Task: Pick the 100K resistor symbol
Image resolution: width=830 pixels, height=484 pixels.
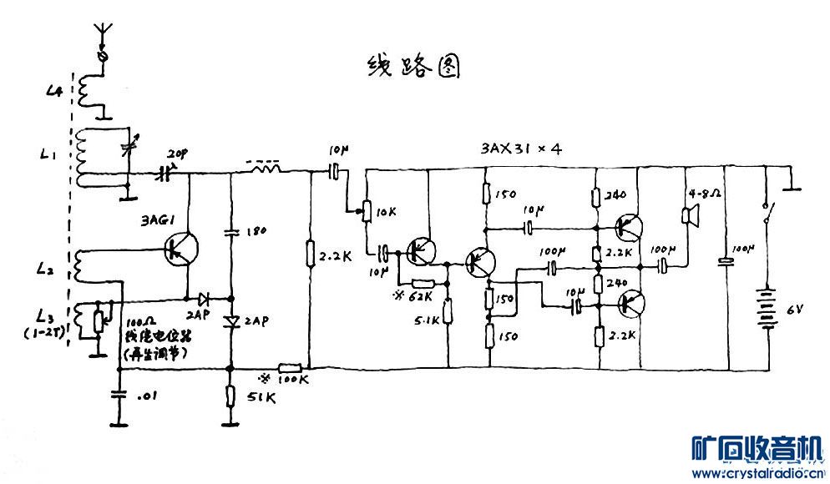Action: (289, 367)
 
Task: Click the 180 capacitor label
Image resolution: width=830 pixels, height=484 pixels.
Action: (256, 230)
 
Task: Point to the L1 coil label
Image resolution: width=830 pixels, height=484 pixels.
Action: (48, 155)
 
